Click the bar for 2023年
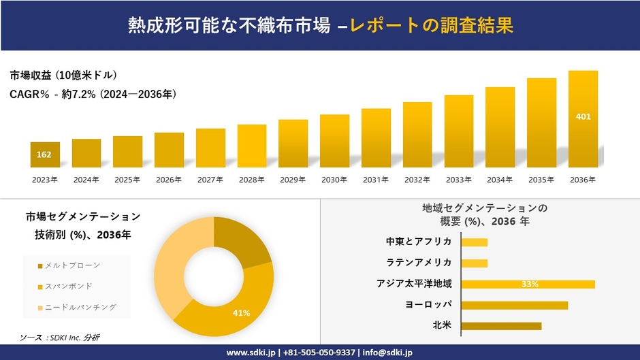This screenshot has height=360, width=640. pos(45,154)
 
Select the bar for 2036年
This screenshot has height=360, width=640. pos(583,119)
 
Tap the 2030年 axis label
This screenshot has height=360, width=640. pos(334,180)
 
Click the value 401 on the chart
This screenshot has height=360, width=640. pos(583,117)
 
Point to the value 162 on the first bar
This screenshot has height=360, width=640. pos(44,154)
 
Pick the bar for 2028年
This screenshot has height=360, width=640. pos(252,146)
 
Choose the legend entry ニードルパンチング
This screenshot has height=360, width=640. pos(76,307)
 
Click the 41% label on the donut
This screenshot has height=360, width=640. pos(242,313)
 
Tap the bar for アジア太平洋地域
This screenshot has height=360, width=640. pos(528,284)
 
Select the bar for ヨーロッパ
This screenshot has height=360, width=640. pos(514,305)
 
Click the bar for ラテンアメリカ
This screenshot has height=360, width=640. pos(475,263)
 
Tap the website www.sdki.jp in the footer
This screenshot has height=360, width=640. pos(250,353)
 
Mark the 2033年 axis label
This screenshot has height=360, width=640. pos(458,180)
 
